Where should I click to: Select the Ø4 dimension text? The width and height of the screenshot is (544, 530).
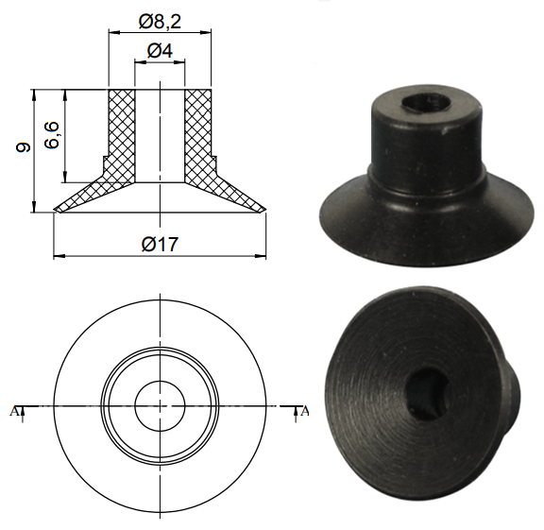click(160, 50)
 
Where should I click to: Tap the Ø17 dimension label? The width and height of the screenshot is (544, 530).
click(160, 244)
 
